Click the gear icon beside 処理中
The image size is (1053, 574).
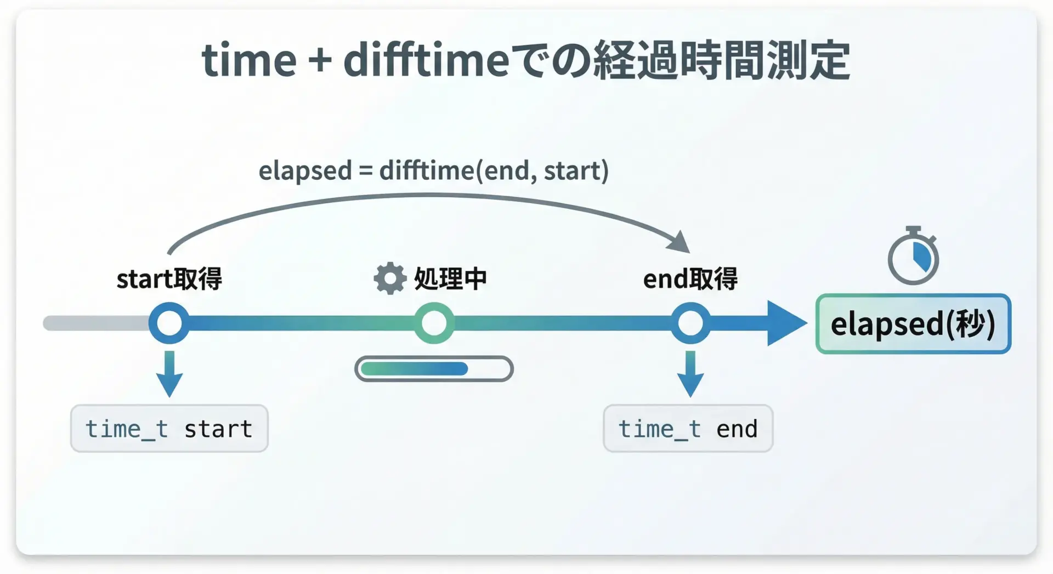pos(390,279)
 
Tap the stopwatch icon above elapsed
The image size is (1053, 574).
pos(913,255)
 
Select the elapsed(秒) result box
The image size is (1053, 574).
pos(913,323)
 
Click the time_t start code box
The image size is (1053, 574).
pos(169,428)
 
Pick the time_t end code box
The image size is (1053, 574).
pos(688,428)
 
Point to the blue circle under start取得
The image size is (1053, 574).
pos(169,323)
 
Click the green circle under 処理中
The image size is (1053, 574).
pos(434,323)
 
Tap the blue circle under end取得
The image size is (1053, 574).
pos(690,323)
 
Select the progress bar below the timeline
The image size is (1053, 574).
pos(434,368)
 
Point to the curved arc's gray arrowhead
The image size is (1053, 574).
pos(681,242)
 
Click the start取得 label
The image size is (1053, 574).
pos(169,279)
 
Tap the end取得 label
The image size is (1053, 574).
pos(690,279)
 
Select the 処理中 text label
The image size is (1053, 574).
pos(450,279)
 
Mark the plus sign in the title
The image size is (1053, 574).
pos(320,60)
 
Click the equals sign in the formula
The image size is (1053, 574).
pos(365,171)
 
